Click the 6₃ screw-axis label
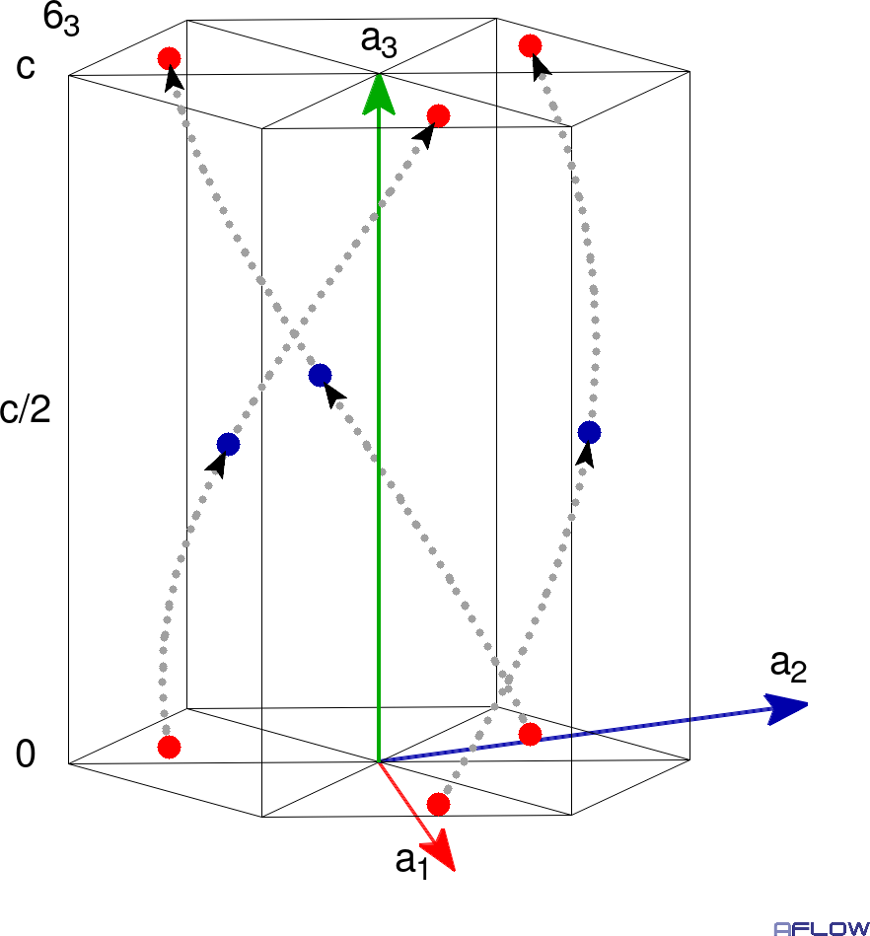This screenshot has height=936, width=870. (x=61, y=20)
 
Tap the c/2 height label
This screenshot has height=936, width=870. (x=25, y=409)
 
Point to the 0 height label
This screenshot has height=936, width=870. (x=25, y=754)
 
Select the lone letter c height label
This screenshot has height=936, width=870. (x=26, y=67)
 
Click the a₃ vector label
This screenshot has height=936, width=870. (x=379, y=41)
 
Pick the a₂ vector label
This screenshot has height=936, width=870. (x=788, y=666)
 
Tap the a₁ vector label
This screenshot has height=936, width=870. (x=412, y=863)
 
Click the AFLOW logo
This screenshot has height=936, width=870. (x=822, y=928)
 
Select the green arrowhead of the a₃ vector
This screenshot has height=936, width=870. (x=379, y=95)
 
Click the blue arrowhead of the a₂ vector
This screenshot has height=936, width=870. (x=787, y=708)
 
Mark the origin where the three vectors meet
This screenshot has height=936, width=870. (x=379, y=761)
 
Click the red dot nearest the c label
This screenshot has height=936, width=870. (x=169, y=58)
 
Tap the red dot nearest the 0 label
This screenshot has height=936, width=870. (x=169, y=747)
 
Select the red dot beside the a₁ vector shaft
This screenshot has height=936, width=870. (x=438, y=804)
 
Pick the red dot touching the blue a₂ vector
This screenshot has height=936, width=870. (x=531, y=734)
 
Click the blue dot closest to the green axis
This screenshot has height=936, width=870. (x=320, y=375)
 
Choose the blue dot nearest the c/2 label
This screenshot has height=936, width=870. (x=228, y=444)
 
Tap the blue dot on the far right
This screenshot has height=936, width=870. (x=589, y=432)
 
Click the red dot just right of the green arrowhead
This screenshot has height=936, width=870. (x=438, y=115)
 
